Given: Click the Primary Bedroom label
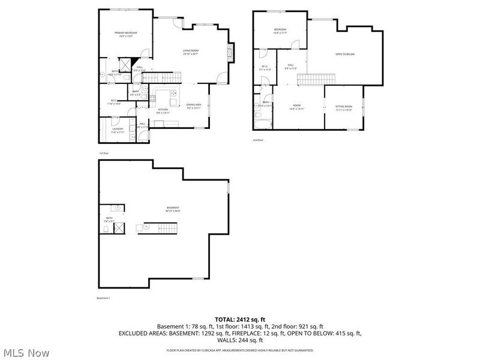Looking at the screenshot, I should pyautogui.click(x=127, y=34).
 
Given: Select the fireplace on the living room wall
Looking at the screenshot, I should pyautogui.click(x=232, y=53).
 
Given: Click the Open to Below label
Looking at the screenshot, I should pyautogui.click(x=345, y=55).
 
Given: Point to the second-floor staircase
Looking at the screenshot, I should pyautogui.click(x=310, y=80).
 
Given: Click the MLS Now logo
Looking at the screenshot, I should pyautogui.click(x=26, y=353).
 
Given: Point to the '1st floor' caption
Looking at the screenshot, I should pyautogui.click(x=104, y=153).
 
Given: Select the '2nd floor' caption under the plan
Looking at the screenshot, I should pyautogui.click(x=258, y=140).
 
